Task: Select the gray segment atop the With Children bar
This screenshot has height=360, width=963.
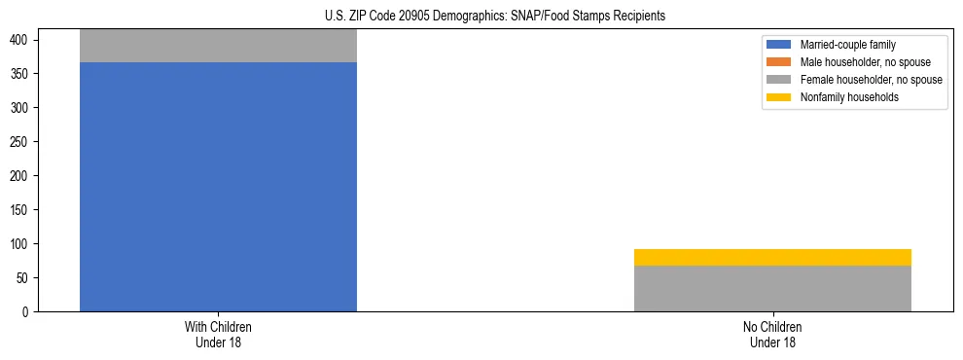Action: (x=218, y=46)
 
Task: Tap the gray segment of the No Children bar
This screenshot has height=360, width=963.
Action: (x=772, y=288)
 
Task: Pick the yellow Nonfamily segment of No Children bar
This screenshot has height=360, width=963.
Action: (x=772, y=257)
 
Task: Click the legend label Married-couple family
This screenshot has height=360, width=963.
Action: (x=847, y=45)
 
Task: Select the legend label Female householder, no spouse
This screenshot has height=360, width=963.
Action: (x=871, y=80)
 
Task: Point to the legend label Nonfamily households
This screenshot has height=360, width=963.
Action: (x=849, y=97)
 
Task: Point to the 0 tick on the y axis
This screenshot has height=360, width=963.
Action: (x=28, y=312)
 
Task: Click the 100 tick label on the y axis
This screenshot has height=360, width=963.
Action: (x=21, y=244)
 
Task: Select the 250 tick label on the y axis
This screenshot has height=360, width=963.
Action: (x=21, y=142)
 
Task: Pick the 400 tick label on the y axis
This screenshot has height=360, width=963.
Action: (x=21, y=40)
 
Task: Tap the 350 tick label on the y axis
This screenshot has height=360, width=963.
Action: (x=21, y=74)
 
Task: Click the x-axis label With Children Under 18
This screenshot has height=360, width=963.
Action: (x=218, y=335)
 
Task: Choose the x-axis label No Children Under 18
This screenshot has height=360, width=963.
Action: (x=772, y=335)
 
